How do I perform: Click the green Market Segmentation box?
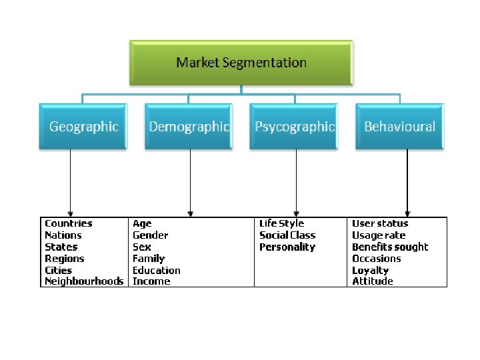point(241,63)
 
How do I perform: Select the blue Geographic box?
point(83,126)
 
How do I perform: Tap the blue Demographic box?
point(189,126)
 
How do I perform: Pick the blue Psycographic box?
point(294,126)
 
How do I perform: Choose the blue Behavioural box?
point(399,126)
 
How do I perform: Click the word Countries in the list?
point(68,223)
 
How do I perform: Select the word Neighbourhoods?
point(83,281)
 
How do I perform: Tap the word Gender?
point(150,235)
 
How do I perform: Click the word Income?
point(151,281)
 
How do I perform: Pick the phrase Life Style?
point(281,223)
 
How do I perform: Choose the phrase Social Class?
point(287,235)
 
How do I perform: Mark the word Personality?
point(287,247)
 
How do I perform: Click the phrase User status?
point(380,223)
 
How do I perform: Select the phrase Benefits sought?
point(390,247)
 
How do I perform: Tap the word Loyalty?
point(370,270)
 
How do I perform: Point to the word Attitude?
point(372,281)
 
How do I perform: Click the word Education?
point(156,270)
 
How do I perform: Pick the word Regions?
point(64,259)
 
